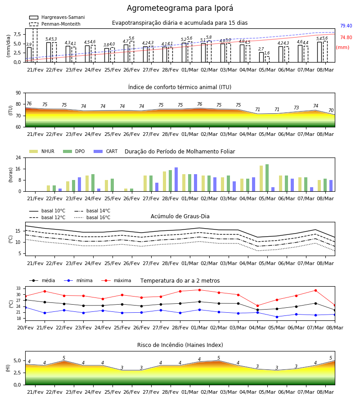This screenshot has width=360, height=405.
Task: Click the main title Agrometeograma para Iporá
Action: click(180, 8)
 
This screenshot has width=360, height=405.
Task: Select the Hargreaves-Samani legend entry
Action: click(57, 17)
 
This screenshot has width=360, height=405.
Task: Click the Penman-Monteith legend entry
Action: click(55, 24)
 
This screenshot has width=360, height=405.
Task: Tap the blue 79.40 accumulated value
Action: click(346, 26)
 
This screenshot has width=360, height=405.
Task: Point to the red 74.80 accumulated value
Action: click(346, 37)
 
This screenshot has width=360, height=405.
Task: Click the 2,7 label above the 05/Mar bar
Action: click(261, 49)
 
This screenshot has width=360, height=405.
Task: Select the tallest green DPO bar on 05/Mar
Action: click(267, 178)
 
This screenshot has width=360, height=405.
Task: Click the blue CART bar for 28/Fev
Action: click(176, 180)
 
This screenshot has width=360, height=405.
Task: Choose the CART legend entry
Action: click(106, 151)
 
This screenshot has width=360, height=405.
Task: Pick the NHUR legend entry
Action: click(42, 151)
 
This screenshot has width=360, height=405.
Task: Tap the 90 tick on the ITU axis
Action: click(18, 93)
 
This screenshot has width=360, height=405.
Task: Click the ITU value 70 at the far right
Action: click(331, 110)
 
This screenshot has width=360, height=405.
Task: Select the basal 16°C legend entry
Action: click(92, 217)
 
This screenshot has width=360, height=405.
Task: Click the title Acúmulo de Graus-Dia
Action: click(180, 216)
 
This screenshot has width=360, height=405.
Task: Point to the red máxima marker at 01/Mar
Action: click(200, 290)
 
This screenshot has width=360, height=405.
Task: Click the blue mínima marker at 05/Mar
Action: click(277, 317)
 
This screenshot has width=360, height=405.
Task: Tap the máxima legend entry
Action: click(116, 280)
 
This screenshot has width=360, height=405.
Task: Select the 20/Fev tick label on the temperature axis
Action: click(25, 328)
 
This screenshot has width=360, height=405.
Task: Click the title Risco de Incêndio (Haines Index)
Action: click(180, 345)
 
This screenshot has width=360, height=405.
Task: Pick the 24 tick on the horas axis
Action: click(18, 157)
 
